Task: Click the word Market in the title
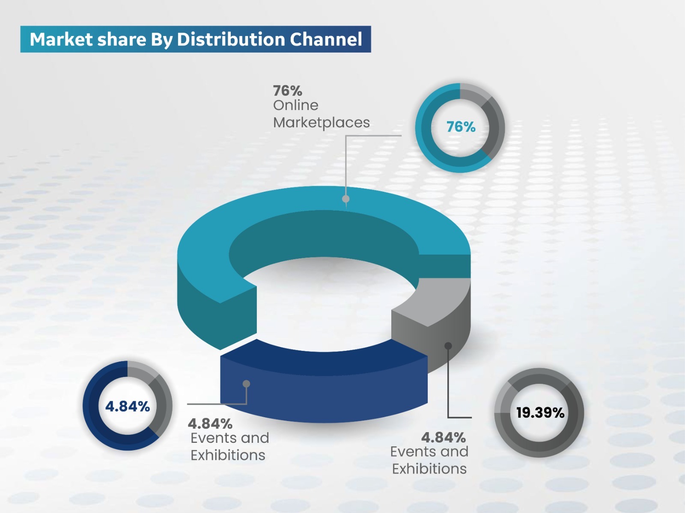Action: point(61,39)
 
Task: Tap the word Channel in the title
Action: point(326,39)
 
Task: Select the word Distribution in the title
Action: point(231,39)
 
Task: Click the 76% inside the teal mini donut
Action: point(461,127)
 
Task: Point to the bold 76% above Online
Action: point(288,91)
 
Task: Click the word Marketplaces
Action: point(321,123)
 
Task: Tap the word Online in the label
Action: point(296,105)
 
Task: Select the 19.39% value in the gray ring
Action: point(540,413)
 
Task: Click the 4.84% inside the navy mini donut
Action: point(128,406)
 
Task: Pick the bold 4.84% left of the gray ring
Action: point(444,437)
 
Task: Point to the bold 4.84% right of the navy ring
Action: point(210,424)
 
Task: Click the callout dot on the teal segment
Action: point(346,199)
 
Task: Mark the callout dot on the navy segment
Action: point(247,384)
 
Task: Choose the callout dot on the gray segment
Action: point(448,346)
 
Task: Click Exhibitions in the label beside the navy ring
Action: point(228,455)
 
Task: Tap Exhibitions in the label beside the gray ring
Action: point(429,469)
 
